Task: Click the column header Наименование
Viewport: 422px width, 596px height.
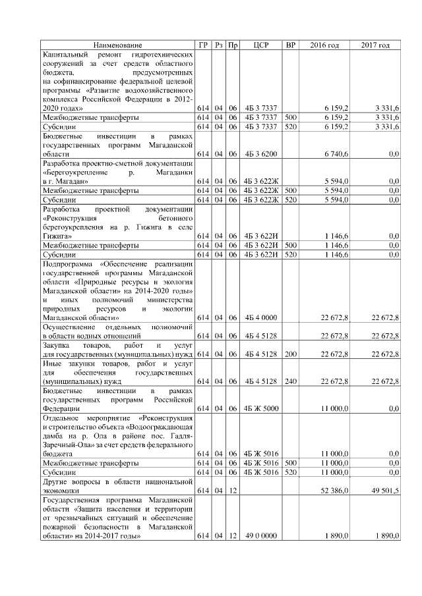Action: tap(117, 45)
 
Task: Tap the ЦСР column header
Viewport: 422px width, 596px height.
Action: tap(260, 45)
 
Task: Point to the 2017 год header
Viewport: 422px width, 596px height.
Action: tap(375, 45)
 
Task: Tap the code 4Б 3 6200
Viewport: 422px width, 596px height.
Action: tap(260, 153)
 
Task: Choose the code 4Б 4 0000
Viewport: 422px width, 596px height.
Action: tap(260, 318)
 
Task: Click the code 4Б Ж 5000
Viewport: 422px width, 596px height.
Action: tap(260, 408)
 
